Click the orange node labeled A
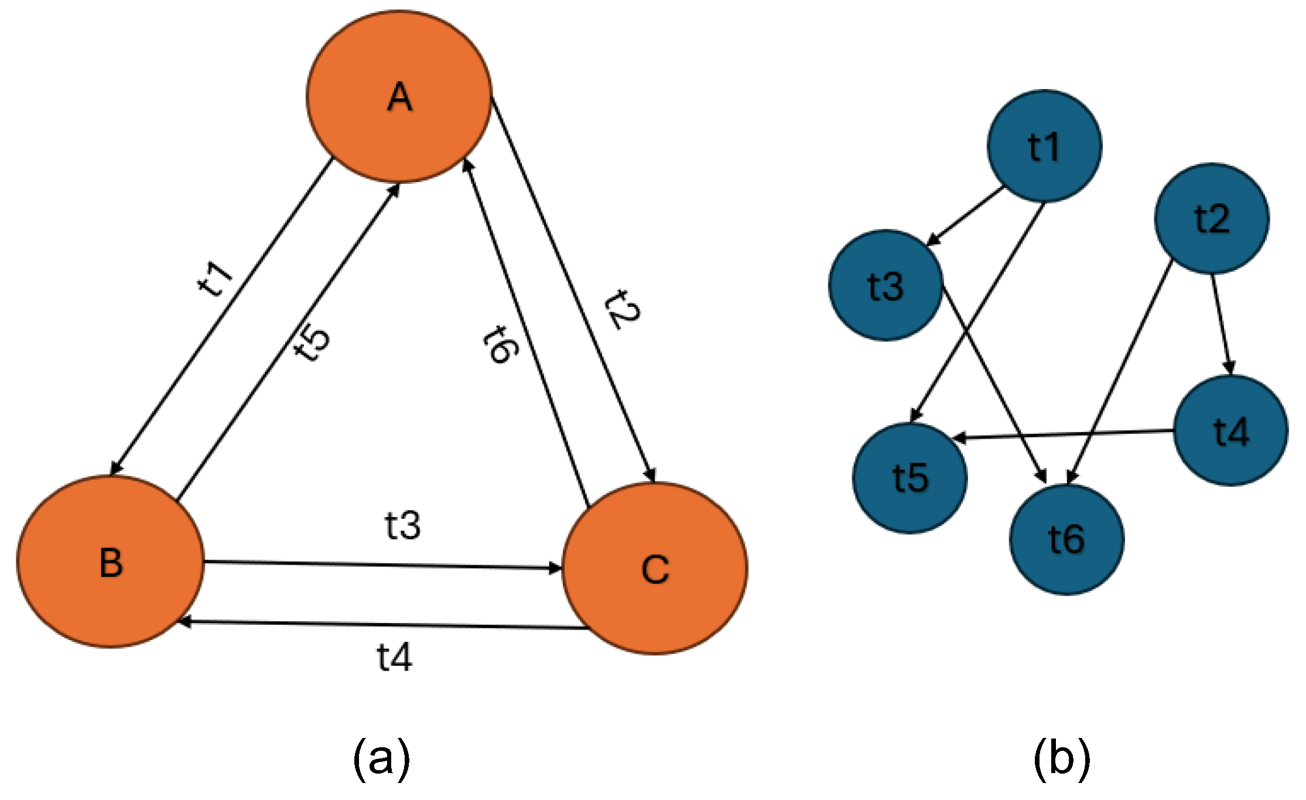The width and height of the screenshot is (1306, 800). pyautogui.click(x=399, y=97)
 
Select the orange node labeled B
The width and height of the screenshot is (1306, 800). pyautogui.click(x=111, y=562)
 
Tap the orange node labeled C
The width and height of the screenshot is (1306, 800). pyautogui.click(x=655, y=568)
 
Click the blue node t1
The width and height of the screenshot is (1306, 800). pyautogui.click(x=1044, y=146)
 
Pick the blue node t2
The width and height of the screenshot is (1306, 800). pyautogui.click(x=1212, y=218)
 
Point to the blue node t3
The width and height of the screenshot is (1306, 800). pyautogui.click(x=886, y=285)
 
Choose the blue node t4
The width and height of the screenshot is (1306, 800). pyautogui.click(x=1231, y=430)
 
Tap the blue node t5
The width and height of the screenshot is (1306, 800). pyautogui.click(x=910, y=478)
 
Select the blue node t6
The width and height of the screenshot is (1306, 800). pyautogui.click(x=1066, y=539)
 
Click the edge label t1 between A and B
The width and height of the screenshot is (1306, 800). pyautogui.click(x=215, y=278)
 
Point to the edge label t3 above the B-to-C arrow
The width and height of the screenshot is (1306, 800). pyautogui.click(x=403, y=525)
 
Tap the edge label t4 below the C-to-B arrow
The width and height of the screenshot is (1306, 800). pyautogui.click(x=394, y=657)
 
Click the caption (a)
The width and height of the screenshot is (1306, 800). pyautogui.click(x=381, y=759)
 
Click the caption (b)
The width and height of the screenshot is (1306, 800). pyautogui.click(x=1062, y=759)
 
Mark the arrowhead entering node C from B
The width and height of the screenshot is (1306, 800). pyautogui.click(x=554, y=567)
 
